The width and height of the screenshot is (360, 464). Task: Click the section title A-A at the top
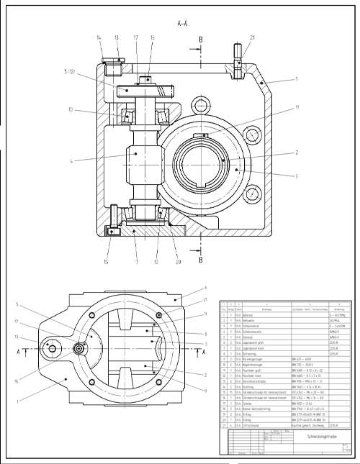click(x=183, y=23)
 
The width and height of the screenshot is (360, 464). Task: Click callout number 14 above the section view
click(x=99, y=37)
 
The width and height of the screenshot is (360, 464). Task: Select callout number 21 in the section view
click(x=252, y=37)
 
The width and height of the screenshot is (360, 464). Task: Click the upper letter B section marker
click(x=201, y=40)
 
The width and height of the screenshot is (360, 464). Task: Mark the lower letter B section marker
click(x=201, y=250)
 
